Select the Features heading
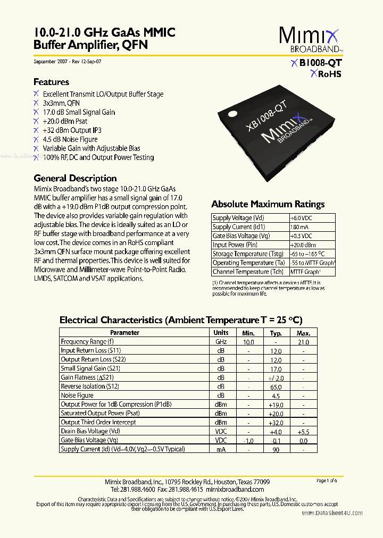pyautogui.click(x=51, y=82)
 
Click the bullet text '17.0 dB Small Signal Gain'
pyautogui.click(x=79, y=112)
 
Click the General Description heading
pyautogui.click(x=75, y=178)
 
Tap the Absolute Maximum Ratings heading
pyautogui.click(x=268, y=204)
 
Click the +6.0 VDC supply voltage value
pyautogui.click(x=301, y=218)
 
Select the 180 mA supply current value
pyautogui.click(x=299, y=227)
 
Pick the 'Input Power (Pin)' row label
pyautogui.click(x=235, y=245)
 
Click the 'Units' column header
pyautogui.click(x=221, y=332)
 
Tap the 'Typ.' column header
pyautogui.click(x=276, y=332)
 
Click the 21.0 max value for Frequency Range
pyautogui.click(x=303, y=342)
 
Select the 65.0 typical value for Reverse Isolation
pyautogui.click(x=276, y=386)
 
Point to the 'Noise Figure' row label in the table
pyautogui.click(x=77, y=396)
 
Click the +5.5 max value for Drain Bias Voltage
pyautogui.click(x=303, y=431)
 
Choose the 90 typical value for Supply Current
pyautogui.click(x=276, y=449)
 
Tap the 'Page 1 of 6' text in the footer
pyautogui.click(x=327, y=481)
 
